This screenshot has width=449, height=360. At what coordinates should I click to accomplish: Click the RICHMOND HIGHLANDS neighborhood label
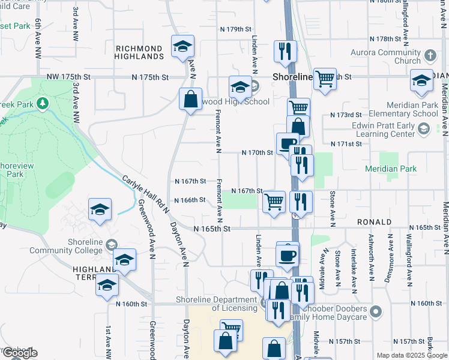pos(139,52)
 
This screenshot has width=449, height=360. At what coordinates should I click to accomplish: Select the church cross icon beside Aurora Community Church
pos(430,56)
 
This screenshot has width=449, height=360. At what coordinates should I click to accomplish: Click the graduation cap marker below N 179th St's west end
pos(183,46)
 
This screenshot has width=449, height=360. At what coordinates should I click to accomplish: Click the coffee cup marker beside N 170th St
pos(288,143)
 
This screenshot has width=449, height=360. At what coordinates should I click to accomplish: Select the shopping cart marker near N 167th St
pos(274,202)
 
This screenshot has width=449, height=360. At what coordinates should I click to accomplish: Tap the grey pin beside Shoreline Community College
pos(111,245)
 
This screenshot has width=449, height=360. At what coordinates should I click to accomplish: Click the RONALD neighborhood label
pos(374,222)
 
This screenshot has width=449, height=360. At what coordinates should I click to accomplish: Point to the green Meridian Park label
pos(390,169)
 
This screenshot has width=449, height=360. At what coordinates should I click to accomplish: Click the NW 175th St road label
pos(68,77)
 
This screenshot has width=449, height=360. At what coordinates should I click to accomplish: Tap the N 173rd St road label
pos(346,114)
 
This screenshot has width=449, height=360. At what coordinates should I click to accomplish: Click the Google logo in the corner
pos(19,353)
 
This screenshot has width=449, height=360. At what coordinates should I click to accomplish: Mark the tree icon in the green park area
pos(42,103)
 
